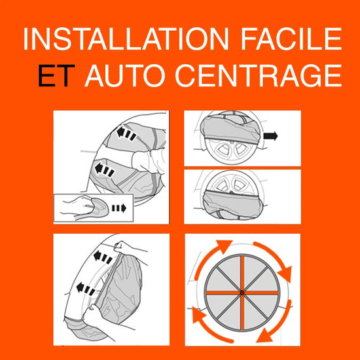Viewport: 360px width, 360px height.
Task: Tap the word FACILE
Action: (x=291, y=39)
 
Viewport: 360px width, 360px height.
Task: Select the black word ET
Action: (x=56, y=75)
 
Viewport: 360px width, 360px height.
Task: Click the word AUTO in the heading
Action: (x=125, y=75)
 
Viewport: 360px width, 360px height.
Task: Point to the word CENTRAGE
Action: (x=259, y=75)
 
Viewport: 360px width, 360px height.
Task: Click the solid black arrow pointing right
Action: (x=270, y=136)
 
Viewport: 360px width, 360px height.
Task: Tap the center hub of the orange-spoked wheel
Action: (x=242, y=293)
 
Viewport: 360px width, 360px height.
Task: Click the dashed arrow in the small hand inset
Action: (x=119, y=208)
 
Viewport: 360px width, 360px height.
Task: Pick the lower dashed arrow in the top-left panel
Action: (x=105, y=170)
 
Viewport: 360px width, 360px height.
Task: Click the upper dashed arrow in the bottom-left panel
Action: (x=103, y=257)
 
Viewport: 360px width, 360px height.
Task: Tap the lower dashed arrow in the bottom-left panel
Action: (x=85, y=289)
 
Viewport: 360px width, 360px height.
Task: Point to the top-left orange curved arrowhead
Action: (x=223, y=245)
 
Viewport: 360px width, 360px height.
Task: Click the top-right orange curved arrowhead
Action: (x=285, y=274)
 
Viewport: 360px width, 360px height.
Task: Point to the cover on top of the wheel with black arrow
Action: (x=230, y=129)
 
